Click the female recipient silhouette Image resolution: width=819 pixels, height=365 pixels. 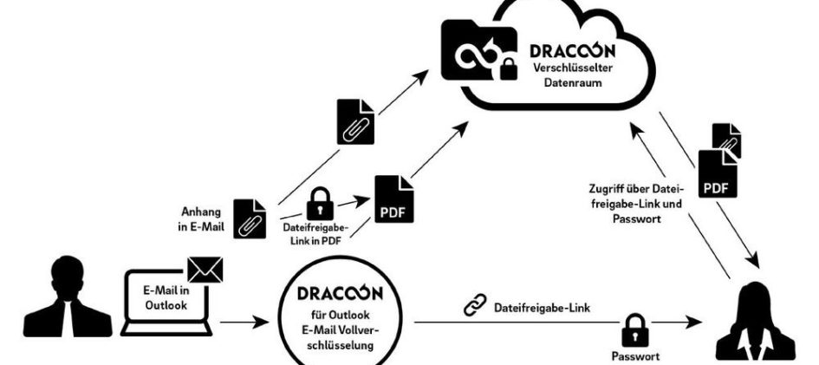coord(755,323)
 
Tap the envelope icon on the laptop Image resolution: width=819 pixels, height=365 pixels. coord(205,270)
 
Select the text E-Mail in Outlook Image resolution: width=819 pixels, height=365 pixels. coord(166,298)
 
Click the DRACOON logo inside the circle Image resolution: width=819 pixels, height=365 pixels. coord(340,293)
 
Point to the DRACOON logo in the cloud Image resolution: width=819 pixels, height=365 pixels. coord(573,50)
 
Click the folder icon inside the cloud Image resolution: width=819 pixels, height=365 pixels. coord(479,50)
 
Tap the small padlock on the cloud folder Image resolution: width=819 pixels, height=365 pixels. coord(508,69)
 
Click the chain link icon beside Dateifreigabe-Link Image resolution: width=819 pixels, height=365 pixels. coord(475,305)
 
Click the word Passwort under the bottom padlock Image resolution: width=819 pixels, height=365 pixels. coord(635,356)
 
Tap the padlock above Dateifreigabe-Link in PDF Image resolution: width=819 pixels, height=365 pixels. coord(320,204)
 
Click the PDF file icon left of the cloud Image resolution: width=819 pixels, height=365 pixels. coord(394,199)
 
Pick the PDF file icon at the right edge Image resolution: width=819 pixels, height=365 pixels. coord(718,174)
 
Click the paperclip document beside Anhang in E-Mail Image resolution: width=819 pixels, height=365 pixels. coord(250,218)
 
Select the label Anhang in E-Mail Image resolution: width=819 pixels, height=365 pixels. coord(201,220)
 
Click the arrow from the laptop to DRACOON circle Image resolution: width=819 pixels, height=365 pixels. coord(244,323)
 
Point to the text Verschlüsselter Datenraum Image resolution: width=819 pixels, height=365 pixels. coord(573,75)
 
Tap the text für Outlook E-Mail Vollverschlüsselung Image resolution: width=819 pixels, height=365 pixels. coord(340,330)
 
